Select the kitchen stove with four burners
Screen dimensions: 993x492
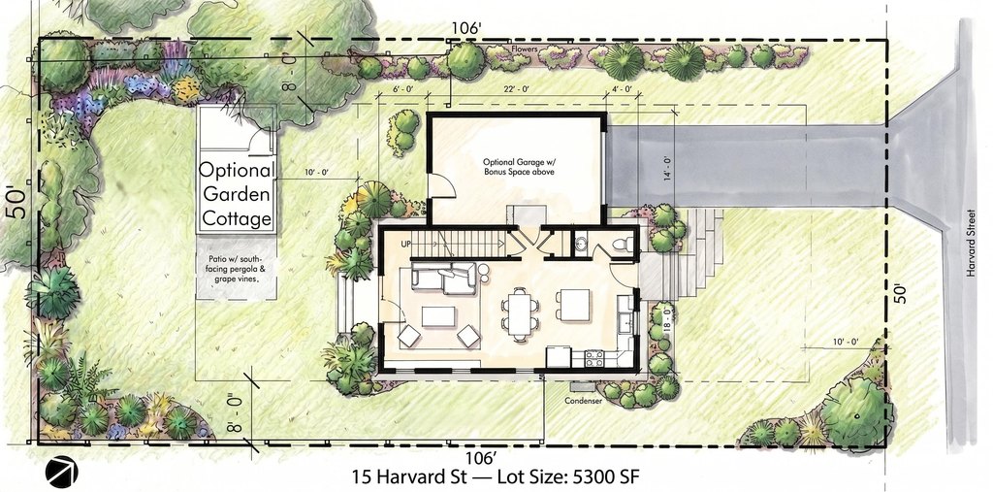point(594,358)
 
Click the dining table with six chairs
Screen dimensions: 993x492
point(521,312)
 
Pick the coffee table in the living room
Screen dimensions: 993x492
point(439,316)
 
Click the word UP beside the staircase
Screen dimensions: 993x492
point(405,245)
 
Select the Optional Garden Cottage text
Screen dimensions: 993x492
point(237,195)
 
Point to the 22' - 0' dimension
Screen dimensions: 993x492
point(517,89)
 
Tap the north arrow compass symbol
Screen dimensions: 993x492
point(61,471)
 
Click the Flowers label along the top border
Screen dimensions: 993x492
point(525,49)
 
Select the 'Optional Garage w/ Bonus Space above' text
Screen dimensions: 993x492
point(516,167)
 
